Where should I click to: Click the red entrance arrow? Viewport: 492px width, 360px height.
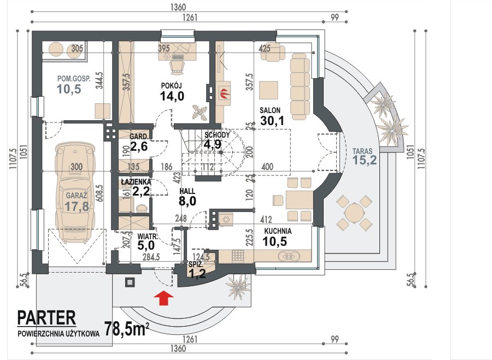click(x=164, y=298)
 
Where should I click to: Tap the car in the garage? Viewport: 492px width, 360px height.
click(x=75, y=192)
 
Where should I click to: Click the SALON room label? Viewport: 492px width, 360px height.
click(x=270, y=110)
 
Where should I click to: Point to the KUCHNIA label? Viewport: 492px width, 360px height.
click(x=278, y=231)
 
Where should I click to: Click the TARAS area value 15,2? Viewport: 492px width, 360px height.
click(x=364, y=160)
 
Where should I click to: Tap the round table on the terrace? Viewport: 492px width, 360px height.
click(x=354, y=213)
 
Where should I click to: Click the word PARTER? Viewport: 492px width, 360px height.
click(x=46, y=318)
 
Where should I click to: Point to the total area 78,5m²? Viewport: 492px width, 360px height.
click(x=126, y=328)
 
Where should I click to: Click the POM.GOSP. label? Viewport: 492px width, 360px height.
click(x=74, y=79)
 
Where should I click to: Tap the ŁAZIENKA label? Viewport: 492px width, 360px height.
click(x=136, y=182)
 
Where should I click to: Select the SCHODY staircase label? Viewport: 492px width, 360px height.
click(x=217, y=135)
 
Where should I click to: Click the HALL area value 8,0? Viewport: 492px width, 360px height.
click(x=188, y=202)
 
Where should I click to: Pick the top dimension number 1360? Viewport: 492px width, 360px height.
click(x=178, y=7)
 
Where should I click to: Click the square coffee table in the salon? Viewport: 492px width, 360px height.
click(x=268, y=90)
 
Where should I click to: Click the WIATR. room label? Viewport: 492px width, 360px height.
click(x=147, y=236)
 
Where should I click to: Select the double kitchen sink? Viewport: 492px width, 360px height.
click(x=289, y=256)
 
